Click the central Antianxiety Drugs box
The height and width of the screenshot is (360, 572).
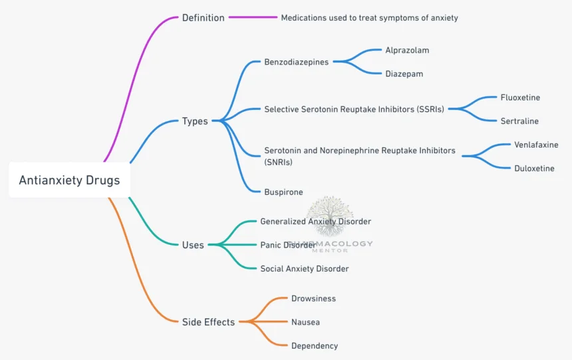69,180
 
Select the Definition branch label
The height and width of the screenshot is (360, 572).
203,18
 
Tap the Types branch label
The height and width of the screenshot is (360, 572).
195,121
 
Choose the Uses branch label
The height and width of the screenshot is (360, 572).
193,245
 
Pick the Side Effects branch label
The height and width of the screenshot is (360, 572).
208,322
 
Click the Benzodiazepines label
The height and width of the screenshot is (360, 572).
296,62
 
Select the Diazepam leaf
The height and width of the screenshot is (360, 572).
404,74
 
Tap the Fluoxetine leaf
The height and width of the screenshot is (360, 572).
520,97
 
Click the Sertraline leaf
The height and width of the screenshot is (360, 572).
519,121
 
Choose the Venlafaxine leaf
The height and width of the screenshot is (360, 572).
536,144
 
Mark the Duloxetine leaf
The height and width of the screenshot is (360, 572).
534,168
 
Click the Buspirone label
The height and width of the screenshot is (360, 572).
283,192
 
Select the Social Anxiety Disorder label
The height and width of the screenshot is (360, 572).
304,269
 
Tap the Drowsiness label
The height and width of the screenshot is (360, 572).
313,299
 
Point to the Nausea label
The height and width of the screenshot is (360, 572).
305,322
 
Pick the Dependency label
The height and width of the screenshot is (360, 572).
315,346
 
